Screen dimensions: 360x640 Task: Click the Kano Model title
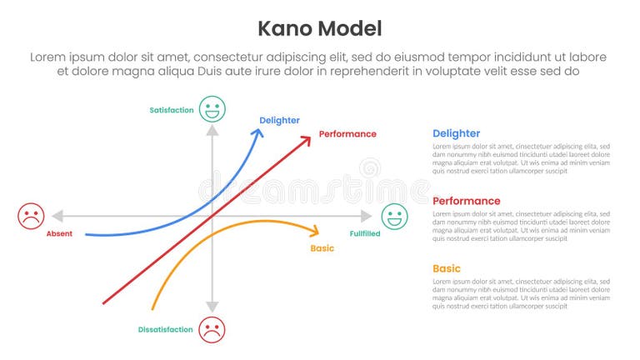[x=319, y=28]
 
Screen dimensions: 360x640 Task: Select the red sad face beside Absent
[x=31, y=217]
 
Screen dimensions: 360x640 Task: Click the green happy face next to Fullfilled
[x=394, y=217]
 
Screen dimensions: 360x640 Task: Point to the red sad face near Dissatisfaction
[x=212, y=328]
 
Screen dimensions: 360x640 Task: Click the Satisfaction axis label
[x=171, y=109]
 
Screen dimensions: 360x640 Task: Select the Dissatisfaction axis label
[x=165, y=329]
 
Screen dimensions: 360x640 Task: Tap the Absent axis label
[x=59, y=234]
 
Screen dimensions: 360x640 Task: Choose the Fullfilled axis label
[x=365, y=234]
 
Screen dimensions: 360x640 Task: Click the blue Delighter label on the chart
[x=279, y=120]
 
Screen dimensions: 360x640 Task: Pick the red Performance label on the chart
[x=347, y=133]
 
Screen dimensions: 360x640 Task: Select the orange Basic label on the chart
[x=322, y=248]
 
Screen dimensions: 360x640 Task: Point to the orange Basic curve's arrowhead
[x=316, y=231]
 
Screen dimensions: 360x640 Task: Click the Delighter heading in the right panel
[x=456, y=133]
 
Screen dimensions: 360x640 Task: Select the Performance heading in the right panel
[x=466, y=201]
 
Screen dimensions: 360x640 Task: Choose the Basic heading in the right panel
[x=446, y=268]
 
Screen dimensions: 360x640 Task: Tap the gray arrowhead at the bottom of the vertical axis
[x=212, y=307]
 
